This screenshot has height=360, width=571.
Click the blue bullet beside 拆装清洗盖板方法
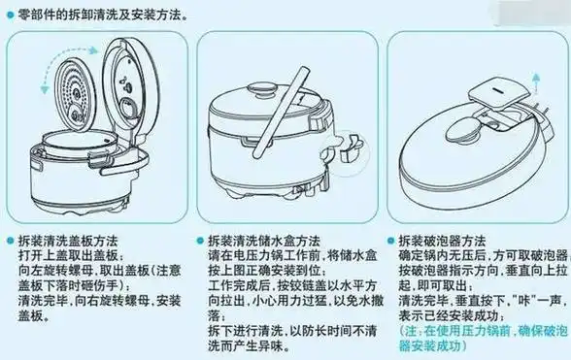tap(10, 238)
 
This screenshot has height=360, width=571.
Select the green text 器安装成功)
tap(432, 346)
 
